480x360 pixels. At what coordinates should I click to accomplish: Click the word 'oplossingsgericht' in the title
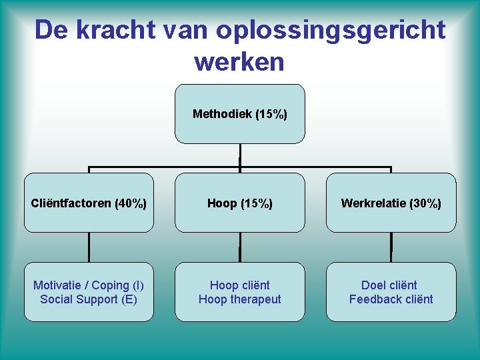(331, 30)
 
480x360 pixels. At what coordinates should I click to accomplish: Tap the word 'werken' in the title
(239, 62)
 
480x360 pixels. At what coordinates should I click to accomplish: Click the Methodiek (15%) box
(240, 114)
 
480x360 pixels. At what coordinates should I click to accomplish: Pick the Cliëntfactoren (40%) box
(89, 203)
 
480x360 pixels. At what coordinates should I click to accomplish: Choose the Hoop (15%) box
(240, 203)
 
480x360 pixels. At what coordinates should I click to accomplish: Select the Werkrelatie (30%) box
(391, 203)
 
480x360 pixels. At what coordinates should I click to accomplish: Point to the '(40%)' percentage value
(131, 203)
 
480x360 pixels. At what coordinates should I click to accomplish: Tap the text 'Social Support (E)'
(89, 299)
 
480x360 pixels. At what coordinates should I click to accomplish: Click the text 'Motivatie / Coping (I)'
(89, 285)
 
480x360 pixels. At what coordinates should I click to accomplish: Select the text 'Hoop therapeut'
(240, 299)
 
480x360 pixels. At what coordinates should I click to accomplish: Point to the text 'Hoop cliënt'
(240, 285)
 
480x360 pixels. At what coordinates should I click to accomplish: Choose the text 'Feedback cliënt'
(391, 299)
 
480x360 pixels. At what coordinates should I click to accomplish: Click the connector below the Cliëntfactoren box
(89, 247)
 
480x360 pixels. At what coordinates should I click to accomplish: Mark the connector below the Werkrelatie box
(391, 247)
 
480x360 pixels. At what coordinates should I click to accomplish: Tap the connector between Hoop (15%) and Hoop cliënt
(240, 247)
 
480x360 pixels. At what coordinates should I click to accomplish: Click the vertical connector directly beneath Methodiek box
(240, 155)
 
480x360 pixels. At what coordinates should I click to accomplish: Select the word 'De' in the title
(51, 30)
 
